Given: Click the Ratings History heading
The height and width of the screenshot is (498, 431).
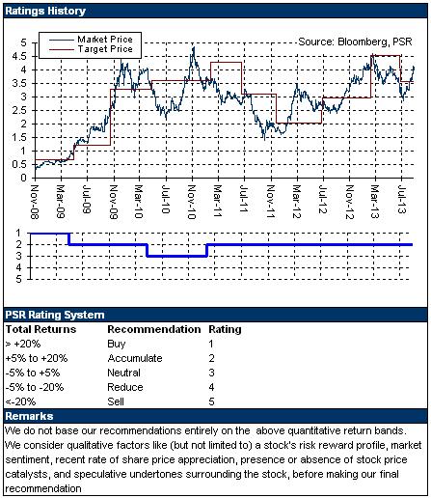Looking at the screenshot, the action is point(45,11).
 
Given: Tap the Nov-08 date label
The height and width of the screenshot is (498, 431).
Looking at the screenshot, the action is point(35,202).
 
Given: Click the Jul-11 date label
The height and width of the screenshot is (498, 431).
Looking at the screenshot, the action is point(244,199).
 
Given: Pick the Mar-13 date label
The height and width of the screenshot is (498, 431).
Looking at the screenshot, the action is point(375,202).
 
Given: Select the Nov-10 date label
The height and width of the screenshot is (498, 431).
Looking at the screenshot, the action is point(192,202).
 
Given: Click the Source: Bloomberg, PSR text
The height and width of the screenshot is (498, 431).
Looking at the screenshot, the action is point(355,41).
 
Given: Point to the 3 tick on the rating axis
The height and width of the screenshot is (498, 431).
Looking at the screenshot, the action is point(18,257).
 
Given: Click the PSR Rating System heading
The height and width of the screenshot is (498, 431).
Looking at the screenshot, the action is point(55,315).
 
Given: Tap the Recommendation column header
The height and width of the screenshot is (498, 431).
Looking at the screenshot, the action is point(154,329).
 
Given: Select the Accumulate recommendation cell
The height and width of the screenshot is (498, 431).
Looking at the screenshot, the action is point(135,358).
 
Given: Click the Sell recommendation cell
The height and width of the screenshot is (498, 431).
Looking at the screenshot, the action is point(116,401).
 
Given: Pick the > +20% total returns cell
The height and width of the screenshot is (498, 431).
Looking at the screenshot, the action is point(23,344).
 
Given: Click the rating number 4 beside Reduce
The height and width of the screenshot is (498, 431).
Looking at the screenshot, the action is point(211,387).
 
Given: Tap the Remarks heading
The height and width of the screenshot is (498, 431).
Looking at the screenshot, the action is point(29,416).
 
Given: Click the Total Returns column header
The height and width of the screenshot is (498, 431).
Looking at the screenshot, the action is point(40,329).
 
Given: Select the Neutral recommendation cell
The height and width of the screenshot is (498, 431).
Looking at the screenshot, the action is point(123,373).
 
